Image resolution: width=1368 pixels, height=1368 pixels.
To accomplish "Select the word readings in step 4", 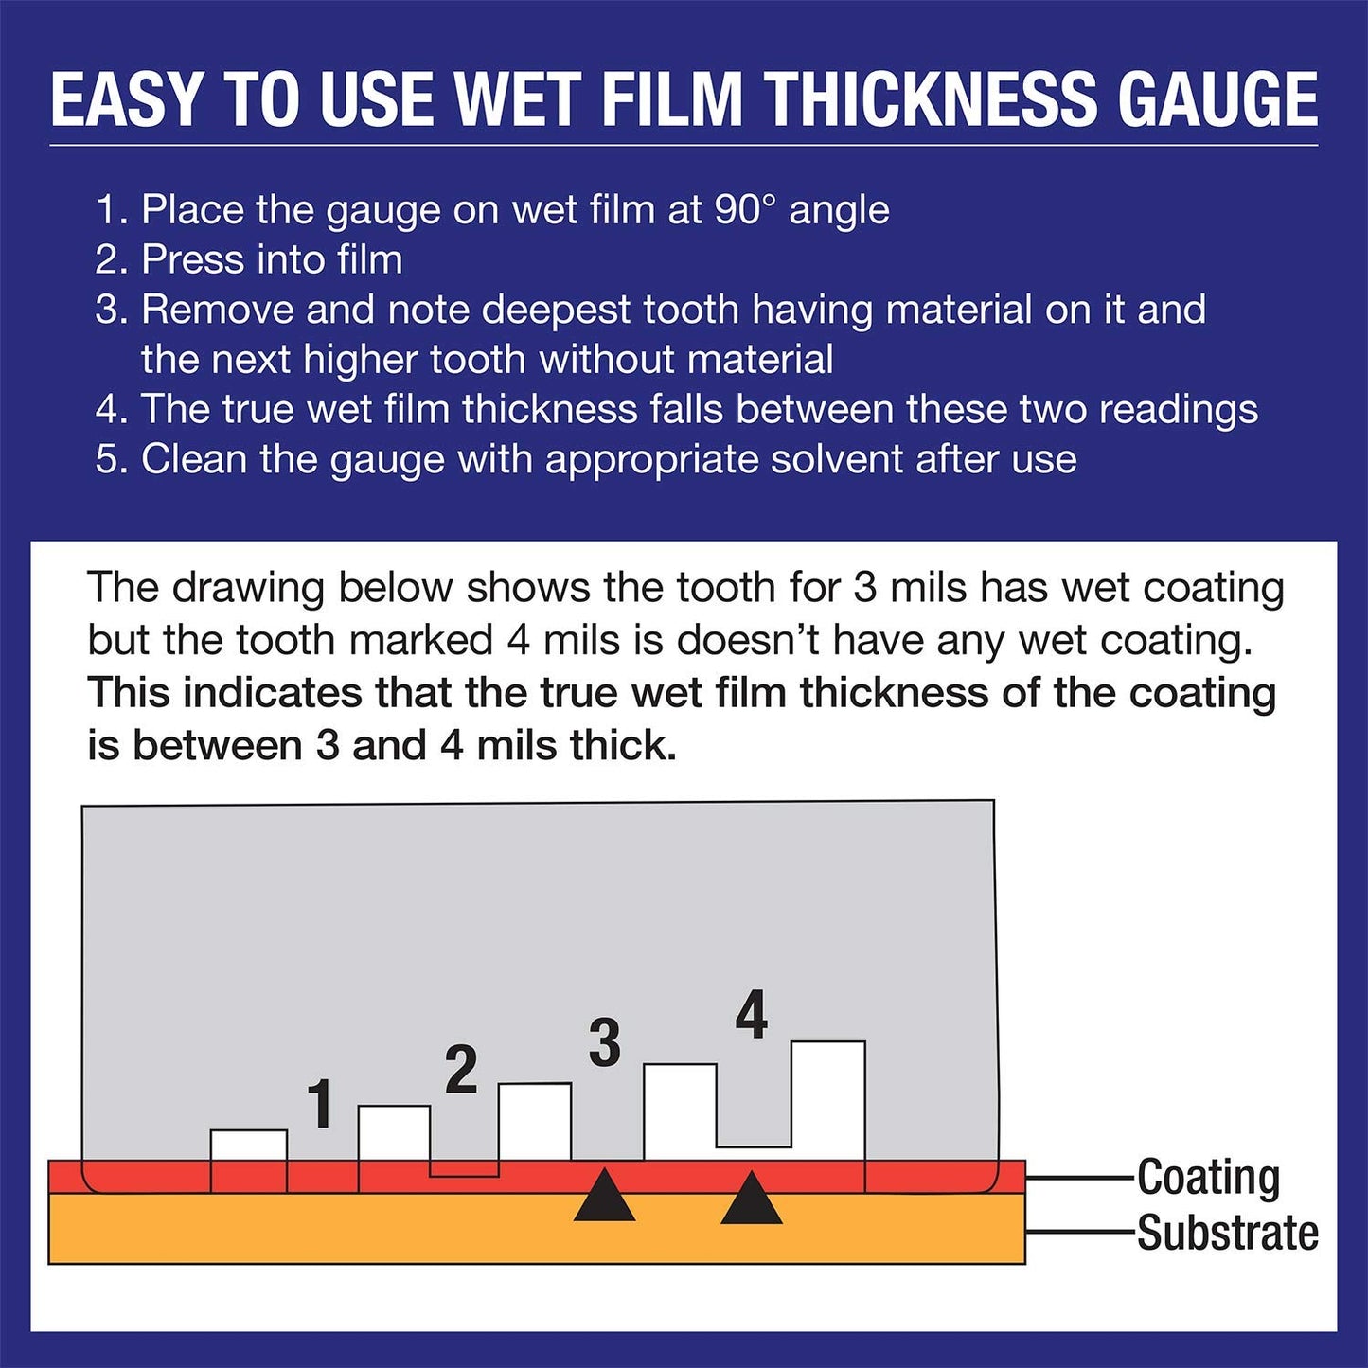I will [1179, 410].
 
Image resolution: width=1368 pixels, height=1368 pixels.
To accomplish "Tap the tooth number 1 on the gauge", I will [321, 1104].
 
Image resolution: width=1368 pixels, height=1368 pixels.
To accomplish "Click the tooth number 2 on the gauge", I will [461, 1071].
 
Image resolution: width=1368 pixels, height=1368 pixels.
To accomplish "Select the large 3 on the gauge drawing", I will [604, 1043].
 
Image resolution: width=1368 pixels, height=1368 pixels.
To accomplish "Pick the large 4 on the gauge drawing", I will [751, 1016].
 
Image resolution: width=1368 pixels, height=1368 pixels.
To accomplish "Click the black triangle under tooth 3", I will [604, 1198].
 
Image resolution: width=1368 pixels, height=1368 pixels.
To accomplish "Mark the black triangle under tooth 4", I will [751, 1200].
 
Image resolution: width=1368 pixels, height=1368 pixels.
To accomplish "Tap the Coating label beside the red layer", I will [1208, 1178].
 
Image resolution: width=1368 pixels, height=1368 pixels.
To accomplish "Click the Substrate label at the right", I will [1227, 1233].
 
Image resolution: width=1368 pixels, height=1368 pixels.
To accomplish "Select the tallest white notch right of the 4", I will [827, 1098].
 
